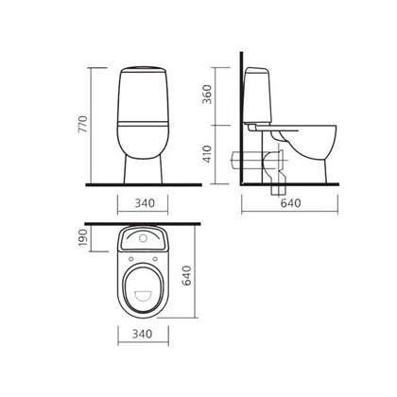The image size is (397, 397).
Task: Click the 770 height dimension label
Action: [82, 124]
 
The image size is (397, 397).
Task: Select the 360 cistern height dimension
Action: [207, 94]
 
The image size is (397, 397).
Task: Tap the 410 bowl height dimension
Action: [207, 154]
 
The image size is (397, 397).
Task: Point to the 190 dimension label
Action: [82, 237]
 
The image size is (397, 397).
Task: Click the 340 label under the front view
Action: [145, 203]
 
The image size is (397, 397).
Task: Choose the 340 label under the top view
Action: [142, 334]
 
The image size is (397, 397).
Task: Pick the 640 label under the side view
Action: [290, 203]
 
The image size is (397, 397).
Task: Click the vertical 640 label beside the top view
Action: [187, 275]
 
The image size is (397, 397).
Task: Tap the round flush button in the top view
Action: [143, 238]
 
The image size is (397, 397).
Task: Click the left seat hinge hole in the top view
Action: [131, 259]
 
